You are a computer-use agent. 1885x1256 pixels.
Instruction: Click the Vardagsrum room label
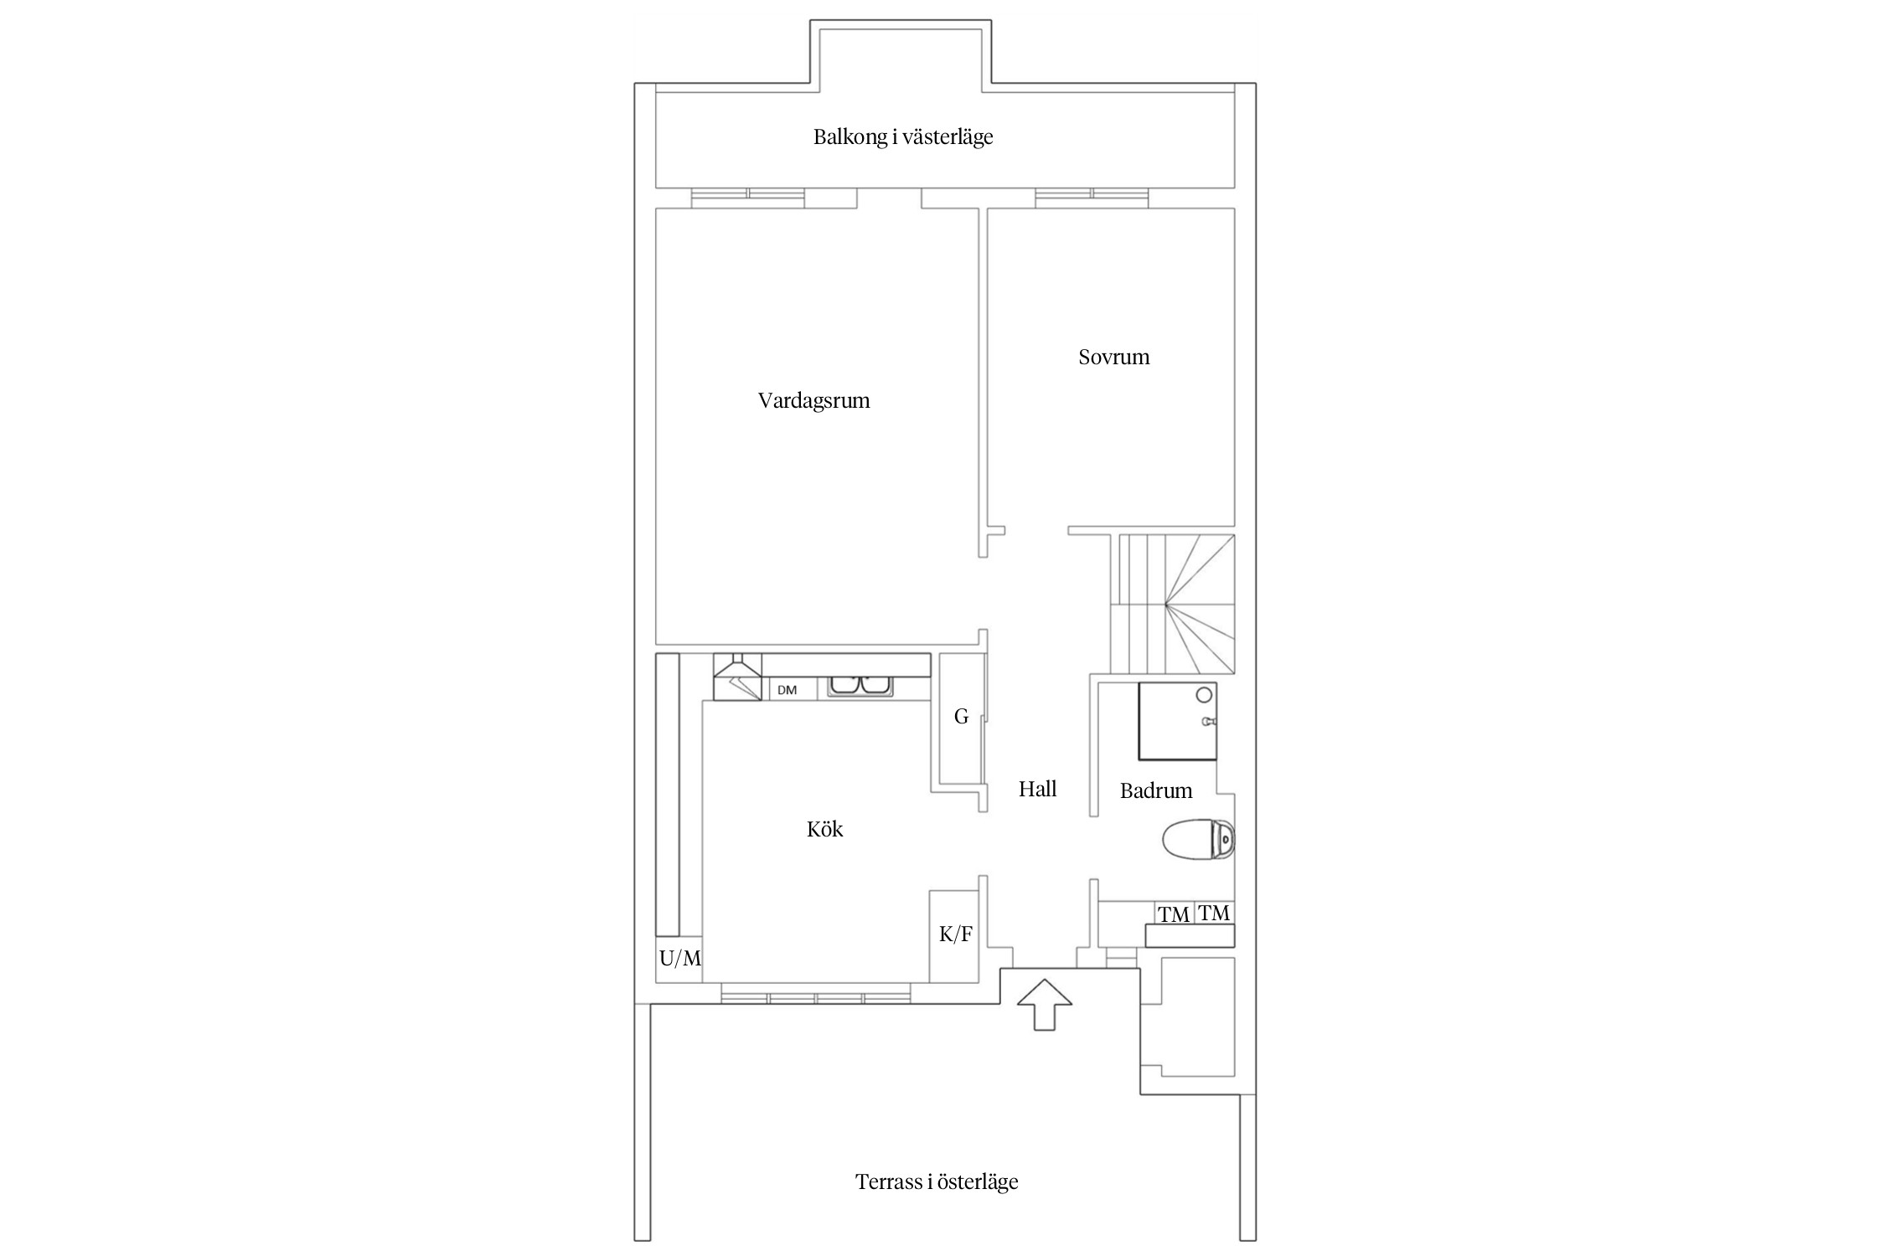point(813,400)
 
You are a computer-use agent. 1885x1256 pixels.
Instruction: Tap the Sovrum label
point(1113,357)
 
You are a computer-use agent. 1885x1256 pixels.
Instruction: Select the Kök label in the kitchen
point(824,829)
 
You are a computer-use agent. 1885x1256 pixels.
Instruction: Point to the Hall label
point(1037,788)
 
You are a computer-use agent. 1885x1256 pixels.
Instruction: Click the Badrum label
point(1156,790)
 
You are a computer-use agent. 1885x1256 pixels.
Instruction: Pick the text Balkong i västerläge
point(903,136)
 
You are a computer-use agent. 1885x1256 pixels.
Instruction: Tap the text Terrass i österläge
point(937,1181)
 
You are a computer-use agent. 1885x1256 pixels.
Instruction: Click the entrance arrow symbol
point(1044,1004)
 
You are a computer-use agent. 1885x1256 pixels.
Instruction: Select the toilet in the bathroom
point(1199,839)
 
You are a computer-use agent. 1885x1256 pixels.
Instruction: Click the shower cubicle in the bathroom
point(1177,721)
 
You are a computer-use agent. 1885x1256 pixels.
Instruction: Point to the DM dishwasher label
point(787,690)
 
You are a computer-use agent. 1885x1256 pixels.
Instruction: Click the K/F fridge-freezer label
point(955,934)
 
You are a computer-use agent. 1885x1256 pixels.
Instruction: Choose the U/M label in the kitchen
point(679,959)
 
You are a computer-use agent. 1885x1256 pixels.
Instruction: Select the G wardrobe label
point(961,717)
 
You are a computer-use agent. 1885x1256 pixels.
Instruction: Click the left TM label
point(1174,915)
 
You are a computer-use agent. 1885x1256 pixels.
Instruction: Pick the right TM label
point(1214,913)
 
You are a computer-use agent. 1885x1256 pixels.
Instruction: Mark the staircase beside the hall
point(1173,604)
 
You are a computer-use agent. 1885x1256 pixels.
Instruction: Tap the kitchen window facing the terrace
point(815,997)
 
